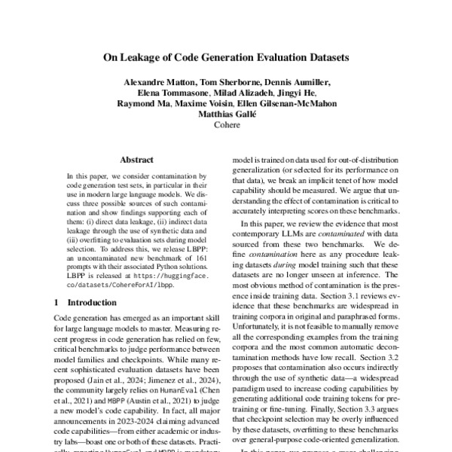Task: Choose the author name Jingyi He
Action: tap(298, 93)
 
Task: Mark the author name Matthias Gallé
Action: tap(226, 115)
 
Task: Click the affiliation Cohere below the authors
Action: tap(226, 126)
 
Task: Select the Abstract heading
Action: tap(138, 160)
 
